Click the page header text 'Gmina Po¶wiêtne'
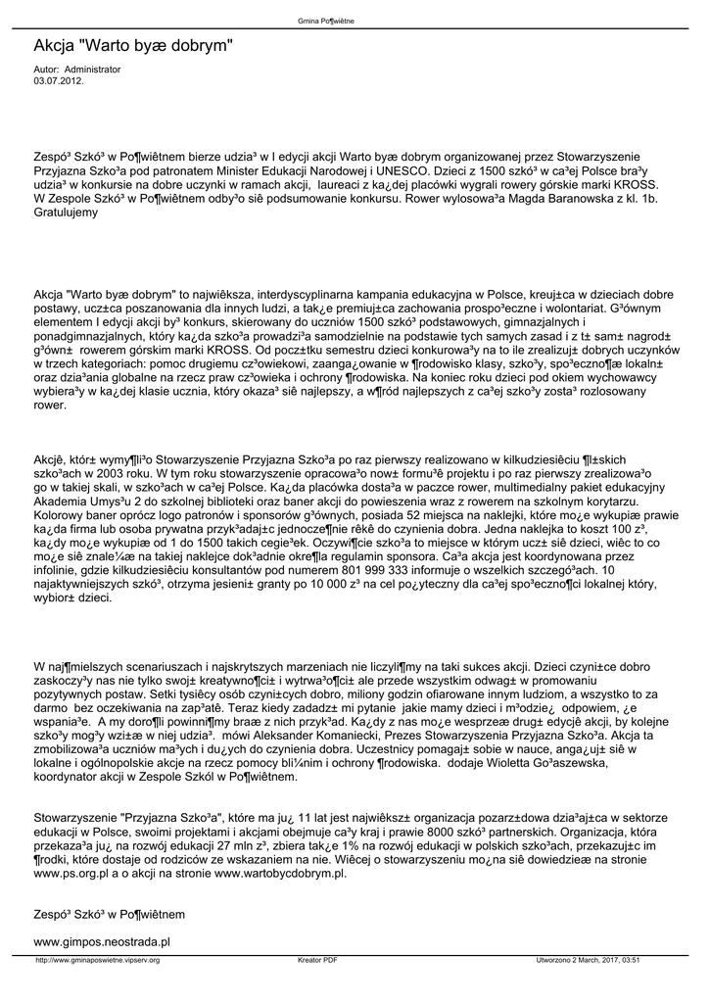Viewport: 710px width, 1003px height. [354, 20]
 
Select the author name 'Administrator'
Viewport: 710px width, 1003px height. [92, 71]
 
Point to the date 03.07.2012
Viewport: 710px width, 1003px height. [59, 81]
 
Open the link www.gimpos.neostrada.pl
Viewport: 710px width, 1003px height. [103, 940]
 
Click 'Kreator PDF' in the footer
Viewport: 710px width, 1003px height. [317, 960]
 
